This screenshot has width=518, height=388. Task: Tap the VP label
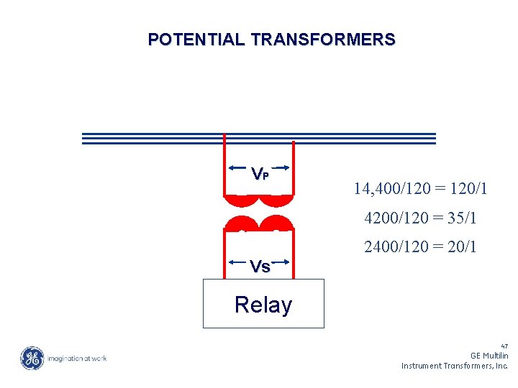[260, 174]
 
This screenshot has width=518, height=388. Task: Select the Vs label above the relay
[260, 267]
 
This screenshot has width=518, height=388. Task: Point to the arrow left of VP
[239, 168]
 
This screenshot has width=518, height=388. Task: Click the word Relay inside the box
[263, 305]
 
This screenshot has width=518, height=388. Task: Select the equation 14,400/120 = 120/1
[420, 189]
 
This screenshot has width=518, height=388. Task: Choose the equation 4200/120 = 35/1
[420, 218]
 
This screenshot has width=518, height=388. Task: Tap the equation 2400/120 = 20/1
[420, 247]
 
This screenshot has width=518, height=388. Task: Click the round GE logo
[32, 358]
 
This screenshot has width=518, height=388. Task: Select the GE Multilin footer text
[489, 356]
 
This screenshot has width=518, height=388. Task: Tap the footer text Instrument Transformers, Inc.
[455, 366]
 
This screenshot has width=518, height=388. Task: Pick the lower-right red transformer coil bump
[277, 224]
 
